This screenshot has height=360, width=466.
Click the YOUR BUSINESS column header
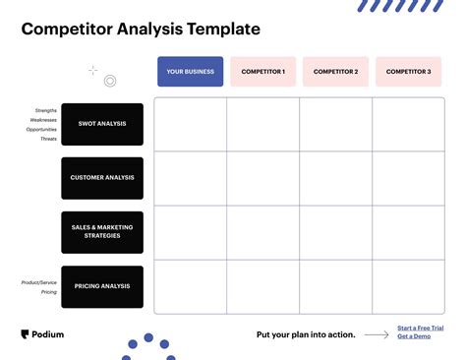[x=190, y=72]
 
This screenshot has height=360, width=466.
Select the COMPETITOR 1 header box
[x=262, y=72]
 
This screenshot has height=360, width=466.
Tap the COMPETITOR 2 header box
[x=335, y=72]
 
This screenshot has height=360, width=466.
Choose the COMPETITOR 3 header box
[x=408, y=72]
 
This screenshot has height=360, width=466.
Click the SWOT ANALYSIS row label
[x=102, y=124]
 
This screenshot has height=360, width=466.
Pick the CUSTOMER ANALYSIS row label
[x=102, y=178]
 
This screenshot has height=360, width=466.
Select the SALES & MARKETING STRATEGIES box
[x=102, y=232]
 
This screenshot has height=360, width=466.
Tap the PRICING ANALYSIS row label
[x=102, y=286]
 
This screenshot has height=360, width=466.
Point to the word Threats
[x=48, y=139]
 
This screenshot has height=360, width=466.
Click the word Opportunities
[x=41, y=129]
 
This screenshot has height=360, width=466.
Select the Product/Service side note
[x=39, y=282]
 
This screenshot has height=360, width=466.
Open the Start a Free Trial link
[x=420, y=328]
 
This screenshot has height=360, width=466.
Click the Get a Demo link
[x=413, y=336]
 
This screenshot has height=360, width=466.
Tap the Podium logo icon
[x=25, y=334]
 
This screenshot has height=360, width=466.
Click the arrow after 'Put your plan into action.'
[x=376, y=334]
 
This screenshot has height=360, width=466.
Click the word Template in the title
[x=222, y=30]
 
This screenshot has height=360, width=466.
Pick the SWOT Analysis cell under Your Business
[x=191, y=124]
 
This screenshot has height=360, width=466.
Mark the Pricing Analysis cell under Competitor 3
[x=409, y=286]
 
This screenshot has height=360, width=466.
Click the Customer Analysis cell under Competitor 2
[x=336, y=178]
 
